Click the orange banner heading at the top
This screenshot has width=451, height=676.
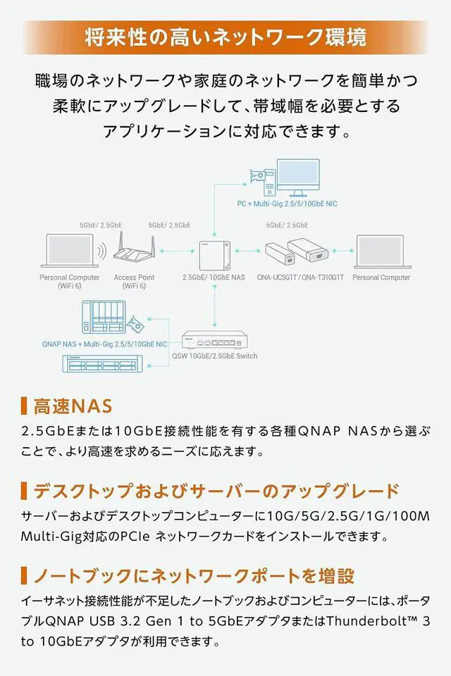(225, 37)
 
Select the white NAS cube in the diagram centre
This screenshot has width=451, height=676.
(214, 252)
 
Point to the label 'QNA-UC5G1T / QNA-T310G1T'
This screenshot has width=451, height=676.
(300, 277)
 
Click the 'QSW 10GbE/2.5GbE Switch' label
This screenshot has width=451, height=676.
(214, 356)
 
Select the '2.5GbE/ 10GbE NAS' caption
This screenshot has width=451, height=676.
(214, 277)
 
